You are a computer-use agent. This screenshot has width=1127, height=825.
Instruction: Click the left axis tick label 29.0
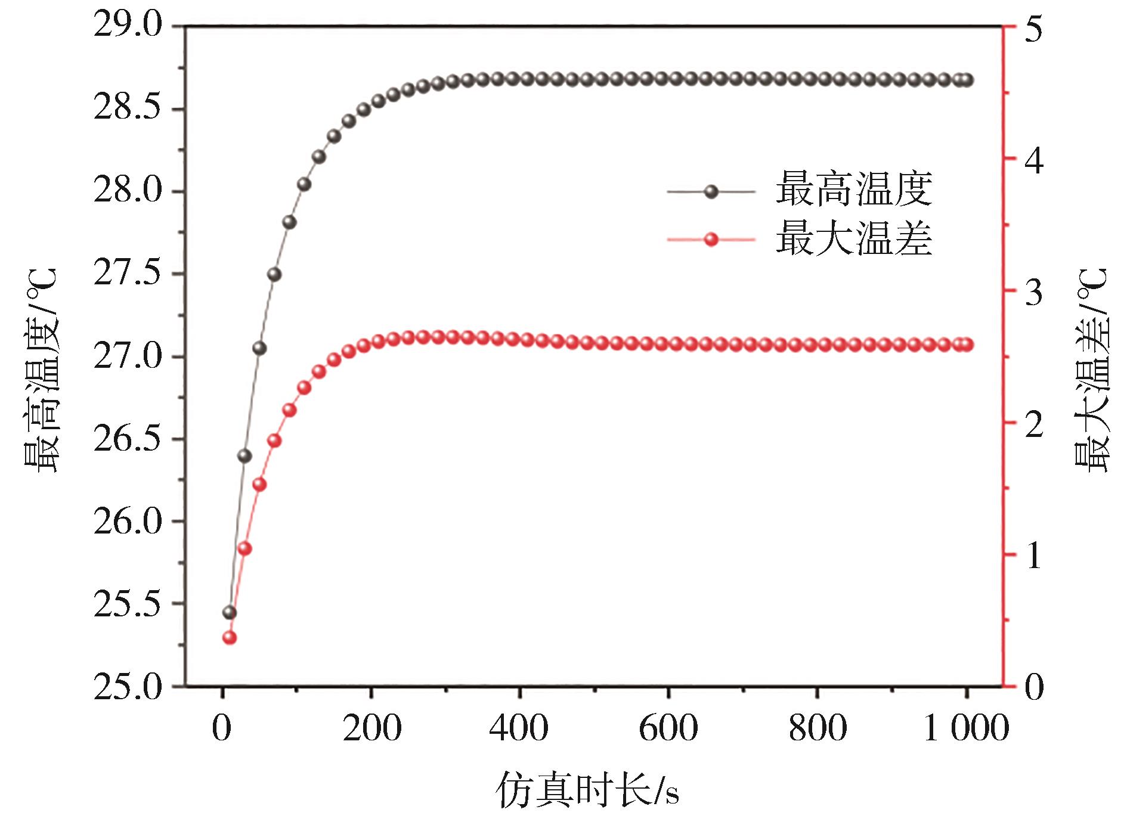(x=127, y=27)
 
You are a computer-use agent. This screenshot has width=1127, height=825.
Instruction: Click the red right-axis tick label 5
(x=1032, y=27)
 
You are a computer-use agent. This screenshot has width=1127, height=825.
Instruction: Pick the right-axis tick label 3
(x=1032, y=291)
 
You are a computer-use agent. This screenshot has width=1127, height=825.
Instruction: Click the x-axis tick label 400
(x=520, y=728)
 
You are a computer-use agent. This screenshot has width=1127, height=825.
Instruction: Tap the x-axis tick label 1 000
(x=965, y=728)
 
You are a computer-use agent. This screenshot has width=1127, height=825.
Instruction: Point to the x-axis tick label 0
(x=222, y=728)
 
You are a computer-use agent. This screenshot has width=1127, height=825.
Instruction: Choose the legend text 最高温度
(x=853, y=190)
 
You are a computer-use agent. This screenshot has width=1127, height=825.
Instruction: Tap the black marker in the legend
(x=711, y=191)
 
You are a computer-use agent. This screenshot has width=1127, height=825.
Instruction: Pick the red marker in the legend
(x=711, y=240)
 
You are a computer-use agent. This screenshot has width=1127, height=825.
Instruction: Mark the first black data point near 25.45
(x=230, y=613)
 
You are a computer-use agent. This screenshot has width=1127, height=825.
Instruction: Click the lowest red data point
(x=230, y=638)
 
